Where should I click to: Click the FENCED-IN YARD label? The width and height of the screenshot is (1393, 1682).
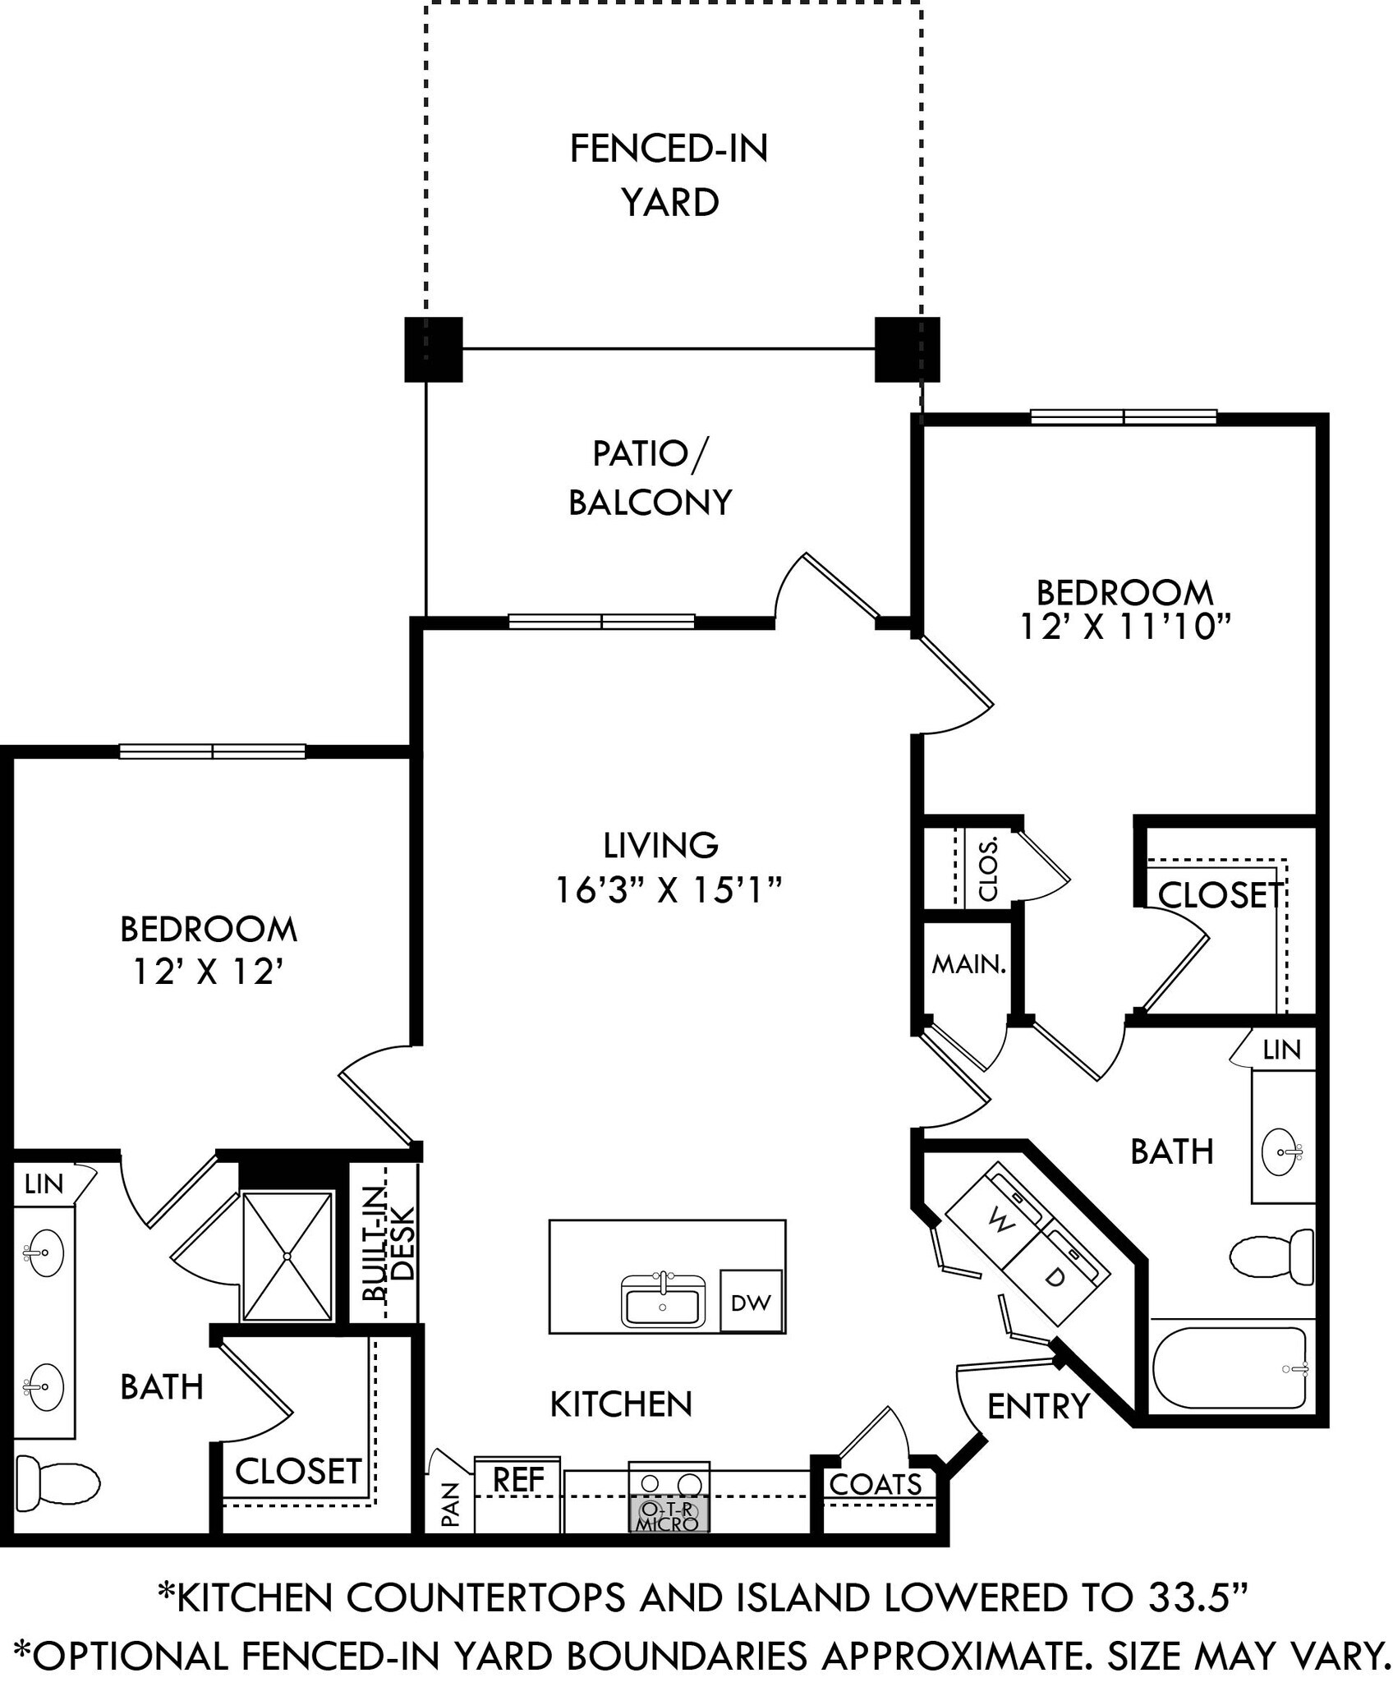pos(669,175)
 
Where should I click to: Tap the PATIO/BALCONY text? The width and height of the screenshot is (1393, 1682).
pos(650,478)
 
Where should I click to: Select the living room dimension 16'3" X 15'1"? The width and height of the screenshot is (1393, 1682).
pos(667,890)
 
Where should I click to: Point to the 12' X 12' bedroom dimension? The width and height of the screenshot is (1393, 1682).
pos(209,973)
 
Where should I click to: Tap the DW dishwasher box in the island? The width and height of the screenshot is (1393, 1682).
pos(751,1302)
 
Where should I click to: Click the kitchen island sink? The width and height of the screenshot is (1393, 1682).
pos(663,1302)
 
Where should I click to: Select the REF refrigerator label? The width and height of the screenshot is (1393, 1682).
pos(518,1480)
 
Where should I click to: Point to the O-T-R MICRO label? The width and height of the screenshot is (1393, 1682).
pos(669,1517)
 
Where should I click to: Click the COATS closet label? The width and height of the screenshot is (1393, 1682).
pos(876,1484)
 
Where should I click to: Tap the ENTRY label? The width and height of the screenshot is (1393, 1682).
pos(1038,1407)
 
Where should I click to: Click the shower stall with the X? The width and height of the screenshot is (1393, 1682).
pos(287,1257)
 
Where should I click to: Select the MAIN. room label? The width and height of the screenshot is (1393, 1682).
pos(968,965)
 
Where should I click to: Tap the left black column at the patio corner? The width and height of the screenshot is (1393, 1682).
pos(434,349)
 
